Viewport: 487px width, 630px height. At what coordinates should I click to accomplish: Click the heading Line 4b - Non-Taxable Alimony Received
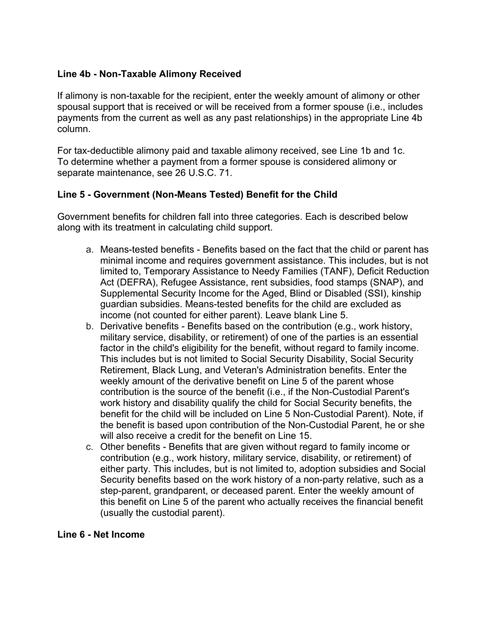149,74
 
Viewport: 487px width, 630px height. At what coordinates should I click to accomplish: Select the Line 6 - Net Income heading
100,535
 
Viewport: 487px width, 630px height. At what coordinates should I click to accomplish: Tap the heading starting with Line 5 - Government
197,195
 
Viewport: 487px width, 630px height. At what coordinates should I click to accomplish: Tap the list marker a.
90,250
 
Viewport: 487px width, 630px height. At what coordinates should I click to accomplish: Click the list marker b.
90,327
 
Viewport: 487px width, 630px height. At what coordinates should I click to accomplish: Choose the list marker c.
90,447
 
